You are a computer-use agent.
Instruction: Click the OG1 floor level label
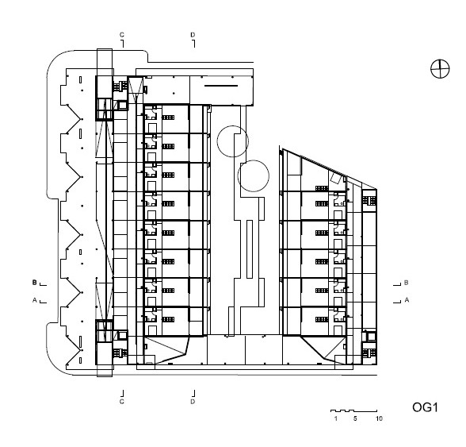click(425, 407)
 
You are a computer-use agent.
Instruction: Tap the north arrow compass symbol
click(440, 69)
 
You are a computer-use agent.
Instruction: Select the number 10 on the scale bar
click(379, 418)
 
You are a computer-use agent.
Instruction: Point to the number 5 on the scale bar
click(355, 418)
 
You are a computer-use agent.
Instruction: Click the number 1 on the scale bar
click(336, 418)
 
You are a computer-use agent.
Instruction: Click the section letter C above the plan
click(122, 35)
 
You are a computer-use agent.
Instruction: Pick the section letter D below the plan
click(193, 402)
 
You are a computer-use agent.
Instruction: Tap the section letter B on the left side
click(35, 283)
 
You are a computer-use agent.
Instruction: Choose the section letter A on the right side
click(407, 300)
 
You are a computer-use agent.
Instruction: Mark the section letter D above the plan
click(193, 35)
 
